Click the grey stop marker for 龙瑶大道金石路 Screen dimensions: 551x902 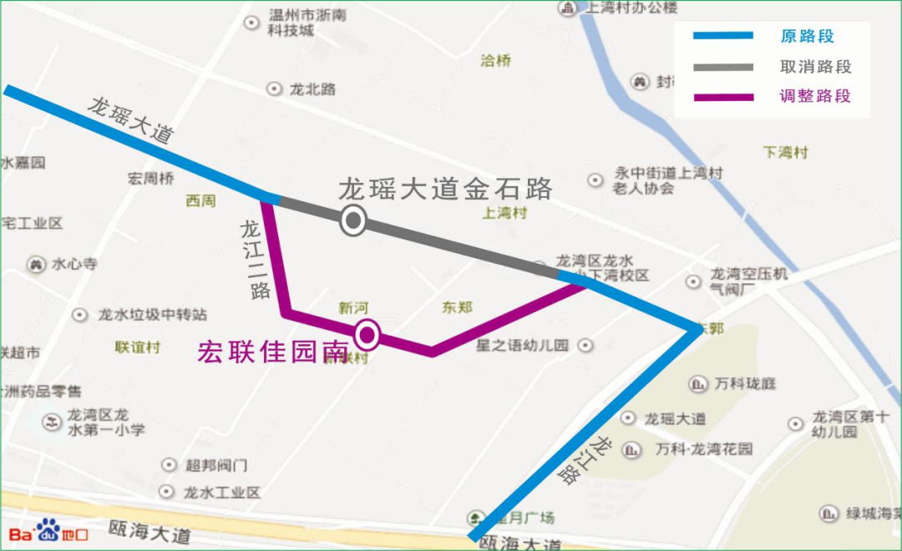coord(353,220)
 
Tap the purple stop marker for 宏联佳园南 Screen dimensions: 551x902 coord(367,336)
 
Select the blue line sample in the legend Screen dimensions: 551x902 coord(723,36)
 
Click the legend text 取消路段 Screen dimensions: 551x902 coord(815,67)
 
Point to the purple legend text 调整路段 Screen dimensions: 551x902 coord(815,96)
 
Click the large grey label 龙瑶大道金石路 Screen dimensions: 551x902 coord(445,189)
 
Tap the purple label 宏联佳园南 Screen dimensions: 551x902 coord(272,352)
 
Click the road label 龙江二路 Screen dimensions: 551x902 coord(254,259)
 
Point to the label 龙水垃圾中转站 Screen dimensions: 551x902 coord(152,315)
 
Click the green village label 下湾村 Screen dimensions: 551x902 coord(786,153)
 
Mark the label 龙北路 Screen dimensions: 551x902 coord(312,88)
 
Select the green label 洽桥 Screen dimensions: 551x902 coord(496,61)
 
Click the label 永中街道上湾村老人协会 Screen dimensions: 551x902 coord(667,180)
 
